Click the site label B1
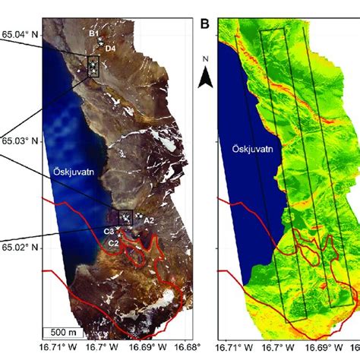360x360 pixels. (93, 33)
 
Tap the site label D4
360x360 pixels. (109, 49)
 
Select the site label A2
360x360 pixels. (149, 220)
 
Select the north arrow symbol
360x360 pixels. (205, 72)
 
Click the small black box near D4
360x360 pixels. (93, 66)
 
